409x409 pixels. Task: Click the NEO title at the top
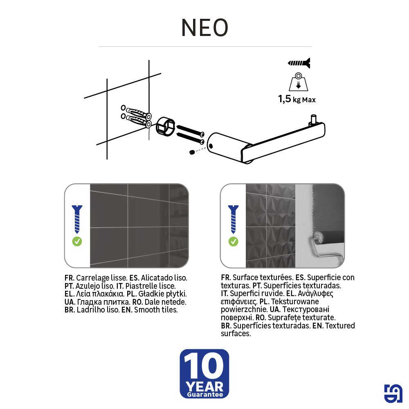click(204, 28)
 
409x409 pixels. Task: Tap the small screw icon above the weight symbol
click(299, 63)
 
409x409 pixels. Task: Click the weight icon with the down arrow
click(299, 82)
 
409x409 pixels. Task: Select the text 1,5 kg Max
click(297, 99)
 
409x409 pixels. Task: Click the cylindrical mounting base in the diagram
click(165, 124)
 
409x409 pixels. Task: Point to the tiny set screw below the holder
click(192, 152)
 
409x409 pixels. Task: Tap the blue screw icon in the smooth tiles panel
click(77, 219)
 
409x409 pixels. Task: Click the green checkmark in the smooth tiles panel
click(77, 241)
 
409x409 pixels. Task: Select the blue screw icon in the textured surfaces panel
click(233, 219)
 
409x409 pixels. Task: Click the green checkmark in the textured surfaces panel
click(233, 241)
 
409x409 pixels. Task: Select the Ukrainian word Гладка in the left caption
click(88, 302)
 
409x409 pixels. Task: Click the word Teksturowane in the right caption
click(292, 301)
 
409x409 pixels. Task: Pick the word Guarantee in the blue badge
click(204, 395)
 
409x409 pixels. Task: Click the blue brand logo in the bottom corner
click(393, 394)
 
